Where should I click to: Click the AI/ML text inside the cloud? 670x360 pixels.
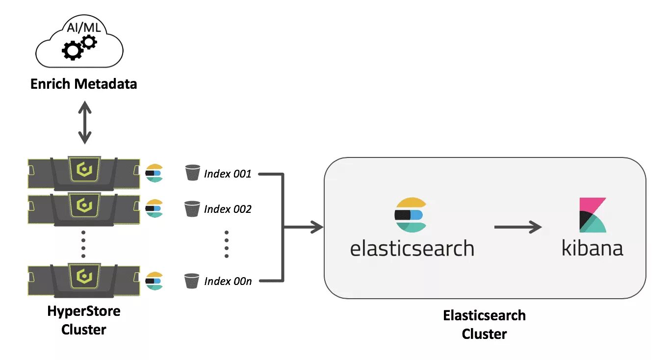coord(84,27)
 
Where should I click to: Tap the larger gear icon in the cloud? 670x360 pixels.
coord(73,50)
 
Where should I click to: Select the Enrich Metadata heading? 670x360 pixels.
coord(84,84)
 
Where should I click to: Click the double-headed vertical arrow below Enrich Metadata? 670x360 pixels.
coord(85,122)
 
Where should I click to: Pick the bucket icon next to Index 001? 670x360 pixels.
coord(193,173)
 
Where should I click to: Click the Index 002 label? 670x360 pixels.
coord(228,209)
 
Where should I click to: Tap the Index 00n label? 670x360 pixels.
coord(228,281)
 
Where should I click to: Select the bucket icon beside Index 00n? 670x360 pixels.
coord(192,281)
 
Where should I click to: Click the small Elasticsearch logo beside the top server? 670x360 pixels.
coord(154,173)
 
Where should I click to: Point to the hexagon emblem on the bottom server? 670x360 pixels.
coord(84,276)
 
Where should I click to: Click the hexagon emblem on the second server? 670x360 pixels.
coord(84,206)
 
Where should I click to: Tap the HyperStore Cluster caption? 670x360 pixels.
coord(84,320)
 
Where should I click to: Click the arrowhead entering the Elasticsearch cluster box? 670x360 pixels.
coord(317,227)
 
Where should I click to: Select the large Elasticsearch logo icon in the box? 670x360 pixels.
coord(411,215)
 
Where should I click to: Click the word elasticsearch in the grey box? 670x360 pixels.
coord(412,248)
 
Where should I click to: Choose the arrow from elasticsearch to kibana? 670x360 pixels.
coord(518,227)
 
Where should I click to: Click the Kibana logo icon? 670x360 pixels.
coord(593,215)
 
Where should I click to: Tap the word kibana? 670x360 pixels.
coord(593,248)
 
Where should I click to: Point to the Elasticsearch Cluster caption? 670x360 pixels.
coord(484,324)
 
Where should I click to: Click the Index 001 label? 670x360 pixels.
coord(228,174)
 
